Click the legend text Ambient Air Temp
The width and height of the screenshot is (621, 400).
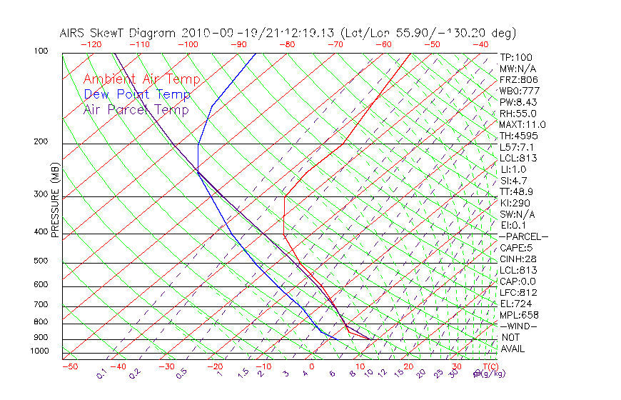[x=142, y=80]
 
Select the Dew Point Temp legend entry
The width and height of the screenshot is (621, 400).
[x=137, y=95]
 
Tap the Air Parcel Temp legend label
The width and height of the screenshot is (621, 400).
[x=136, y=110]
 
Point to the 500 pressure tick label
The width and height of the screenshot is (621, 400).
[x=41, y=261]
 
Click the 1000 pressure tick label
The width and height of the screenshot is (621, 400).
[x=39, y=351]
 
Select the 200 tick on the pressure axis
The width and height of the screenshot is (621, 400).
[x=41, y=141]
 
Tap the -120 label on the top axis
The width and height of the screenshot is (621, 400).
[x=91, y=44]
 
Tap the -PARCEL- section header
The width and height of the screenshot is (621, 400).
[x=524, y=236]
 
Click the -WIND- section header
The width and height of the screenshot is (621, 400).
[x=519, y=326]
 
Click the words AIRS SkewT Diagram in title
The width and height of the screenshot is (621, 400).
[x=118, y=33]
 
